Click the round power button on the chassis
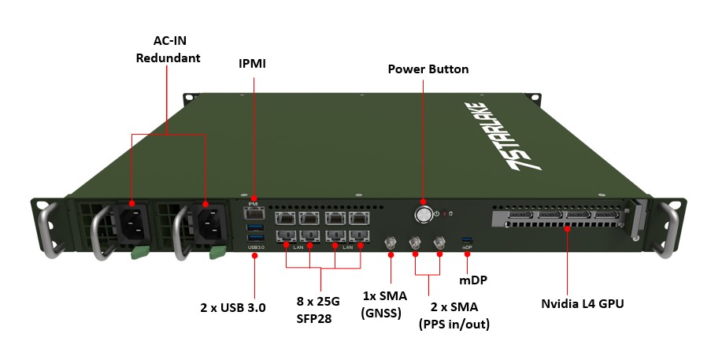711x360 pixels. pyautogui.click(x=424, y=214)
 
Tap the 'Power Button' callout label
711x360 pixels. pyautogui.click(x=428, y=69)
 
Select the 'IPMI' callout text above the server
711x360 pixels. pyautogui.click(x=253, y=63)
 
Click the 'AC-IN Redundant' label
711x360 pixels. pyautogui.click(x=168, y=49)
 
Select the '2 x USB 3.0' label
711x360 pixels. pyautogui.click(x=233, y=307)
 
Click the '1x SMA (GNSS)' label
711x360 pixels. pyautogui.click(x=383, y=304)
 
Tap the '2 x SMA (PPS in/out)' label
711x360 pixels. pyautogui.click(x=454, y=315)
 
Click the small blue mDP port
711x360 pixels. pyautogui.click(x=467, y=239)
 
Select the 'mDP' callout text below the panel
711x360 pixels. pyautogui.click(x=469, y=279)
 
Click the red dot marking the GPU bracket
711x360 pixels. pyautogui.click(x=567, y=229)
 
